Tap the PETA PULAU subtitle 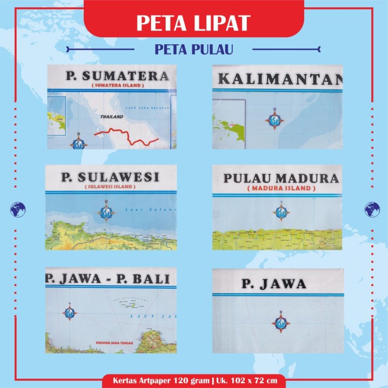pos(193,50)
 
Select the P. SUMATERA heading pos(116,76)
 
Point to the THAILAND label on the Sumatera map pos(111,118)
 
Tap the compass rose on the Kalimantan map pos(274,120)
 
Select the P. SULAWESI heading pos(110,177)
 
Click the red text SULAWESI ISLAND pos(110,187)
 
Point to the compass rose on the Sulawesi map pos(106,211)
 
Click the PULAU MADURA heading pos(280,178)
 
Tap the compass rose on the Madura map pos(281,211)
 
